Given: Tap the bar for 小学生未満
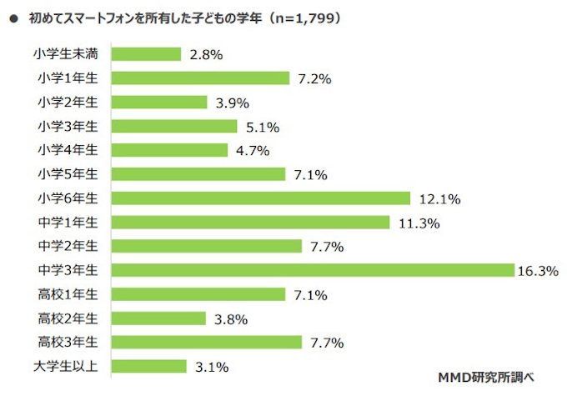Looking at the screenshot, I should [x=146, y=54].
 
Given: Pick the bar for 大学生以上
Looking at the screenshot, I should [x=148, y=366].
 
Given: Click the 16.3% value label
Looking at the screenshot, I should [x=539, y=271].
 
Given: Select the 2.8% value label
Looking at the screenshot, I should [x=206, y=55].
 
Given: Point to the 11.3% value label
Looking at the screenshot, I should [x=416, y=223].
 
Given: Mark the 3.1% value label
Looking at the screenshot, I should [x=212, y=367].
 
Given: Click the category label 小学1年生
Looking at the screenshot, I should [x=68, y=78].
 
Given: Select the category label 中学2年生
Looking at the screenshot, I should [x=68, y=246].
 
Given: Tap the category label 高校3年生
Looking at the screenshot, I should [x=68, y=343].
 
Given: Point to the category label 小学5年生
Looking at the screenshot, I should [x=68, y=174].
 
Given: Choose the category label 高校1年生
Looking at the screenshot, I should [x=68, y=294].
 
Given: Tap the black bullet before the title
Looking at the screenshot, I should [x=13, y=17].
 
